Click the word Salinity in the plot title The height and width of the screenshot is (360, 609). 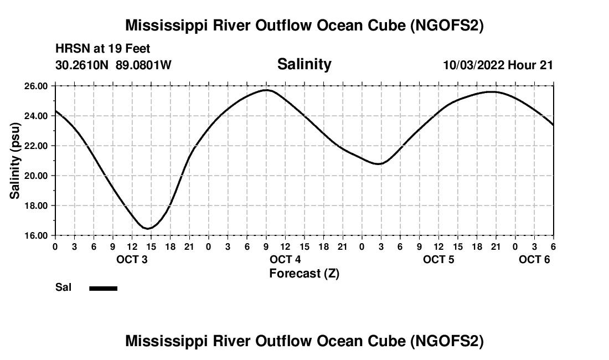click(x=304, y=64)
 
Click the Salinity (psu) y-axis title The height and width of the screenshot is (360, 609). click(x=15, y=161)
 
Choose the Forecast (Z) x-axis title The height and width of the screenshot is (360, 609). click(x=304, y=273)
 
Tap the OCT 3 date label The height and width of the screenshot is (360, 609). click(x=132, y=259)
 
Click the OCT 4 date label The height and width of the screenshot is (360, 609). click(x=285, y=259)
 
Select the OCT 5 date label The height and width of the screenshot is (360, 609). click(x=438, y=259)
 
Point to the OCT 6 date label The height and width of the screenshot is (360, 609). click(x=534, y=259)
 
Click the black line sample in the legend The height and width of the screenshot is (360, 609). click(x=103, y=288)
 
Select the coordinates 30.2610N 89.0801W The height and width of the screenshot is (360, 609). click(x=113, y=65)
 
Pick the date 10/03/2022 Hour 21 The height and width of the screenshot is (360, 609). click(x=498, y=65)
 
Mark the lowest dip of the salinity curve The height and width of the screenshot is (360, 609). click(x=148, y=228)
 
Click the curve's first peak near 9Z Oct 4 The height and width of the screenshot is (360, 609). click(x=267, y=90)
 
